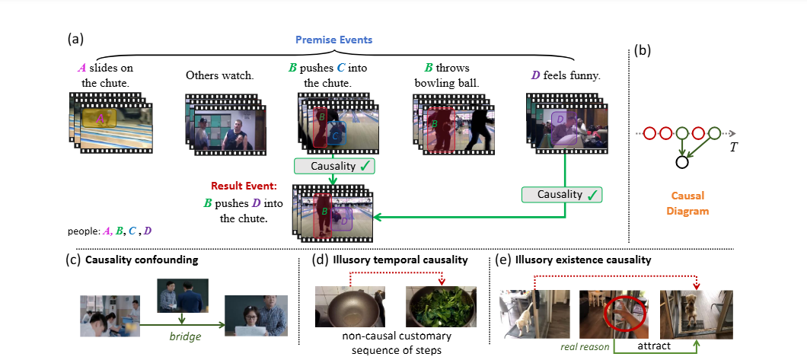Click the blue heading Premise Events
pos(334,38)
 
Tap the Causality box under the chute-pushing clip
pos(333,165)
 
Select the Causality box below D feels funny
pos(560,194)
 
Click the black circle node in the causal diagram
pos(681,161)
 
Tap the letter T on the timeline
pos(733,146)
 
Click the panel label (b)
pos(643,53)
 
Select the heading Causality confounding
pos(142,260)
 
